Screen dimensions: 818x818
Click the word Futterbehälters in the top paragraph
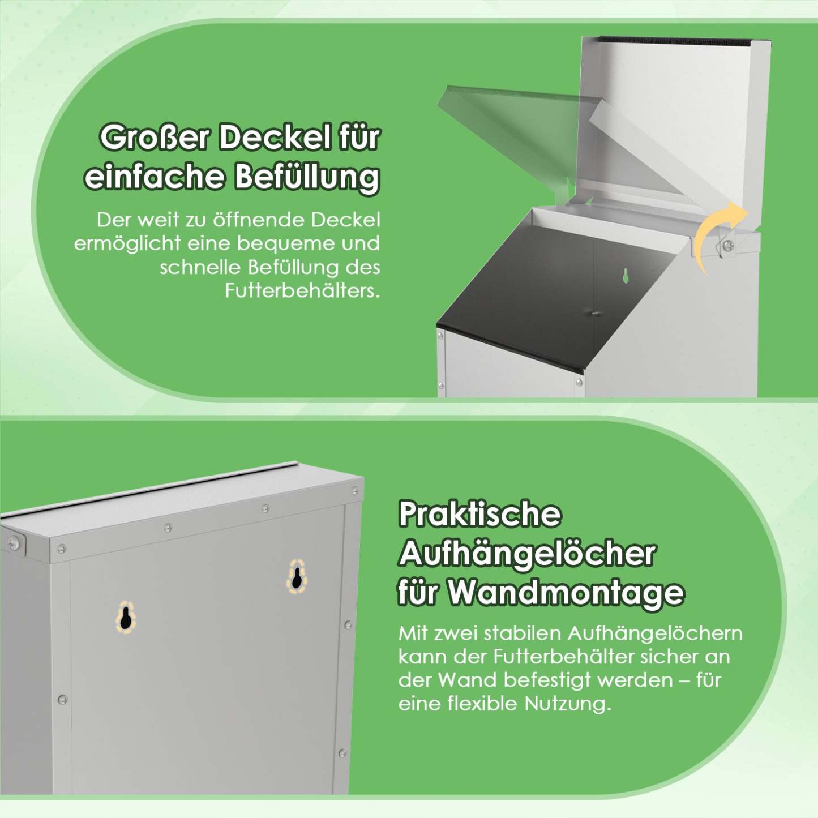click(x=302, y=291)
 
